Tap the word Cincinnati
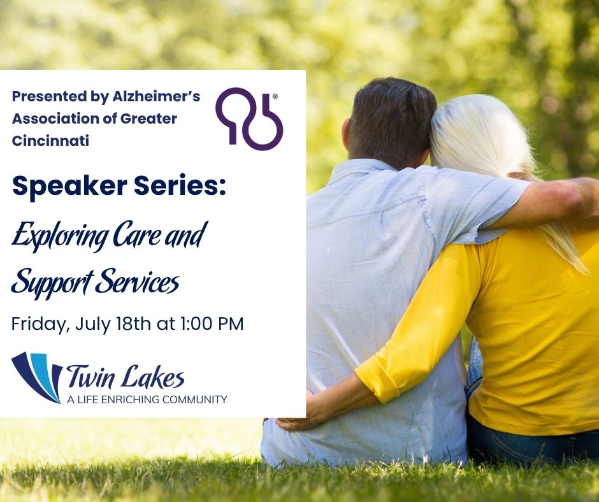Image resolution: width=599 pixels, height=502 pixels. pos(50,141)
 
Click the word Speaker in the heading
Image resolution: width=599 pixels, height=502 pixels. pos(69,187)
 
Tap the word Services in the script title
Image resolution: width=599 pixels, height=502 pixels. pos(137,281)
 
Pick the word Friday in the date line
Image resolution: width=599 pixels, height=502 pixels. pos(40,324)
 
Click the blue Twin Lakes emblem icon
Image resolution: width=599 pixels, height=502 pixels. pos(37,377)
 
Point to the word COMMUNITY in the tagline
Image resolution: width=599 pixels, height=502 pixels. pos(194,399)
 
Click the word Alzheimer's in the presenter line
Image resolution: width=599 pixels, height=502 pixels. pos(156,97)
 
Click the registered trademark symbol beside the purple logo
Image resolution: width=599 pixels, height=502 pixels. pos(275,97)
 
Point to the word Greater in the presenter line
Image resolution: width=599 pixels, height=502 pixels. pos(148,118)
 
